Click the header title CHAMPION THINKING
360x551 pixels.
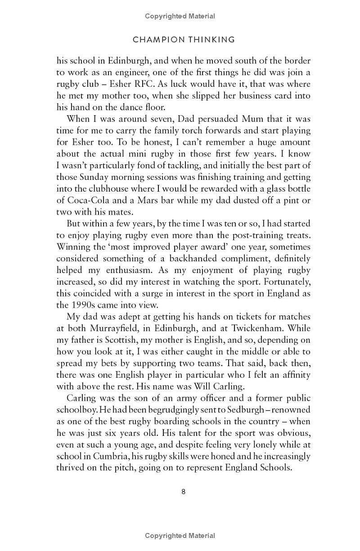point(184,40)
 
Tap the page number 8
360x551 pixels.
point(184,492)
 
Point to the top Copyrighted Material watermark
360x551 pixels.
point(180,16)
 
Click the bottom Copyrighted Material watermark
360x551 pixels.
point(180,536)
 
